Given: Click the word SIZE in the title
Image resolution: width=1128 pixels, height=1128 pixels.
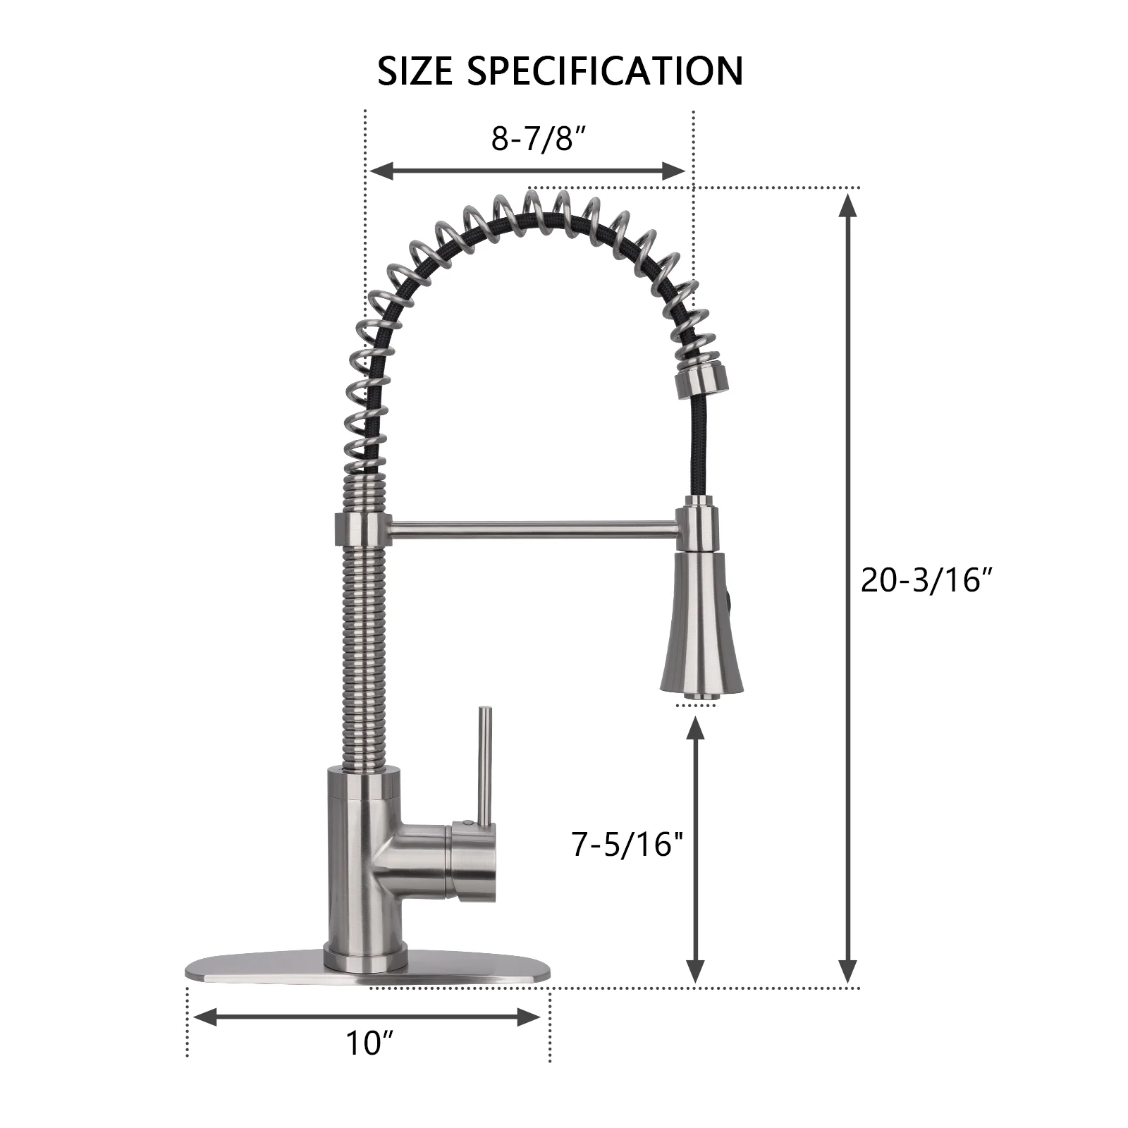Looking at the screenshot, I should pyautogui.click(x=415, y=71).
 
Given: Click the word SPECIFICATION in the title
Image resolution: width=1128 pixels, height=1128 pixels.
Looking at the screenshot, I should pyautogui.click(x=605, y=71).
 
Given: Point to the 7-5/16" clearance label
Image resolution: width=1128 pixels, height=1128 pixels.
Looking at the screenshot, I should pyautogui.click(x=627, y=843).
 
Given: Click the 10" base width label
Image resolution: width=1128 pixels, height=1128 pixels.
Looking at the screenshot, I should pyautogui.click(x=369, y=1043).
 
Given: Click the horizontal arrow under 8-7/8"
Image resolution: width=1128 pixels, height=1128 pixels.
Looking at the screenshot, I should pyautogui.click(x=527, y=171).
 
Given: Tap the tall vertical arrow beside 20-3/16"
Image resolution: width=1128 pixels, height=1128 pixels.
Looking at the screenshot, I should pyautogui.click(x=849, y=589).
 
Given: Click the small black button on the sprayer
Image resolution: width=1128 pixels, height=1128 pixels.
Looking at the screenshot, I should pyautogui.click(x=730, y=603).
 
